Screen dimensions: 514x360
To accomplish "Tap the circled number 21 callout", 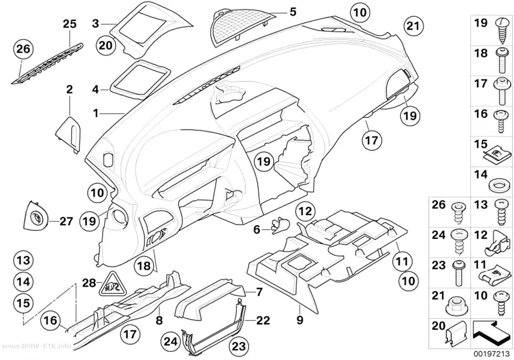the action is pyautogui.click(x=413, y=25).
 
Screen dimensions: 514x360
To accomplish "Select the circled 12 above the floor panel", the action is pyautogui.click(x=305, y=211).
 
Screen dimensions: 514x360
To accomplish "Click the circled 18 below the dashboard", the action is pyautogui.click(x=143, y=265).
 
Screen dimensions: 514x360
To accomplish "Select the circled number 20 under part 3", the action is pyautogui.click(x=106, y=46).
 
